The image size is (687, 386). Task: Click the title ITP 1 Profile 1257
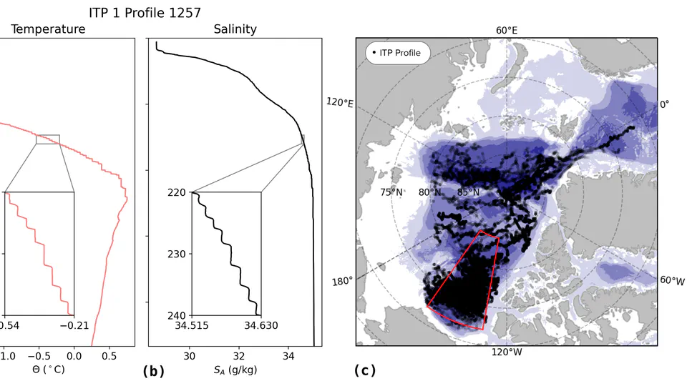pos(145,13)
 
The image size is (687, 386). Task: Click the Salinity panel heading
pos(235,29)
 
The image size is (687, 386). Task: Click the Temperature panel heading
pos(48,29)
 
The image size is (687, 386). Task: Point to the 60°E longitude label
pos(507,30)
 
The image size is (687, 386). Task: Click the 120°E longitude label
pos(340,102)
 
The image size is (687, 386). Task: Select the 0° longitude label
pos(664,104)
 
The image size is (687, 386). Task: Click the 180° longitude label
pos(343,281)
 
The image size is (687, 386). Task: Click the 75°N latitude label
pos(391,192)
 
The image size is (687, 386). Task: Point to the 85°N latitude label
pos(468,192)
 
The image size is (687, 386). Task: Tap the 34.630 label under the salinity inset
pos(262,326)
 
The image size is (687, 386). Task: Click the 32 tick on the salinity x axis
pos(239,355)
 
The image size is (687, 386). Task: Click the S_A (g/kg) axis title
pos(235,370)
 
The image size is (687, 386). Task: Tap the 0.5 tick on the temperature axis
pos(109,355)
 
